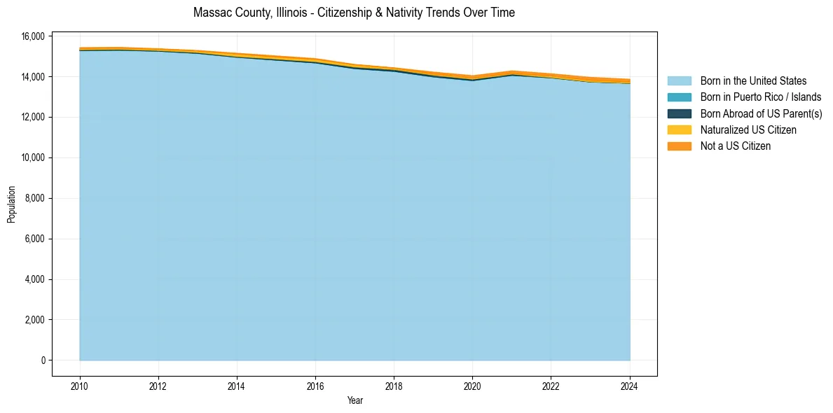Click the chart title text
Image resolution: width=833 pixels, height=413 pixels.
(354, 13)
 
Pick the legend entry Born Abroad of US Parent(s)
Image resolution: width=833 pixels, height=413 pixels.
(761, 113)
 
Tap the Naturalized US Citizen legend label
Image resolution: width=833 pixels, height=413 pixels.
(748, 130)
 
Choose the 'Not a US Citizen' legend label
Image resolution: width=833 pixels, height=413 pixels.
(736, 146)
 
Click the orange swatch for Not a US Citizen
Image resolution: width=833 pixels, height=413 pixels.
(679, 146)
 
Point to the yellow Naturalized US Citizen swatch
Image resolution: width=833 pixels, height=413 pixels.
(679, 130)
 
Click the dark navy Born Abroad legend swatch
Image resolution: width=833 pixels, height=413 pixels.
(679, 113)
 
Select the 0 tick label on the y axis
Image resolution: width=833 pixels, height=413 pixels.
(43, 360)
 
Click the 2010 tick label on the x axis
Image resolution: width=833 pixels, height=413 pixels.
(80, 386)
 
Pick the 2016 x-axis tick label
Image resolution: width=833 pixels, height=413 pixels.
(315, 386)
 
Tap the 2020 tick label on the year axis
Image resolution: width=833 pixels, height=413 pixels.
(472, 386)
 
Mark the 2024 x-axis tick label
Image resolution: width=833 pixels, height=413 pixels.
(630, 386)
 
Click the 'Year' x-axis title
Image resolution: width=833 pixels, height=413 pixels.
(354, 401)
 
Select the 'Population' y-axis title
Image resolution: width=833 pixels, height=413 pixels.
(11, 204)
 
